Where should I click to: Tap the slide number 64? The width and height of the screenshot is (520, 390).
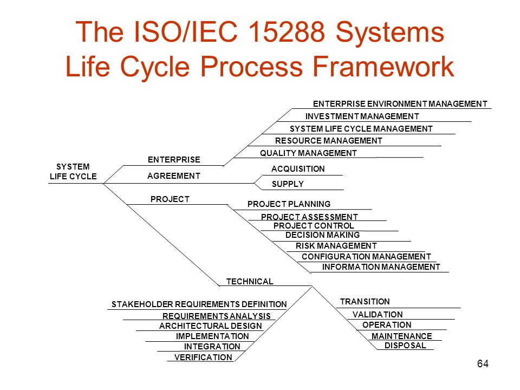[483, 363]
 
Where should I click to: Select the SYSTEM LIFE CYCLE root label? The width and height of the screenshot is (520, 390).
[73, 172]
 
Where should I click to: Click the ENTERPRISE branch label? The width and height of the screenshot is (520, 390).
[174, 159]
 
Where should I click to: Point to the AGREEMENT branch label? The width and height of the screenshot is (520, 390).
[173, 175]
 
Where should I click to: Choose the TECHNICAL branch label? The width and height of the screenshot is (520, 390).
[250, 282]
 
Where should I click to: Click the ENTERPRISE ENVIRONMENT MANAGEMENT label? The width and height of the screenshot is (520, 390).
[400, 104]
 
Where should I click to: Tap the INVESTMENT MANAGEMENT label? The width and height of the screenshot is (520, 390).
[362, 116]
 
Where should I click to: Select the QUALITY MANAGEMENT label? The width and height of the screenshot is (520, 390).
[308, 153]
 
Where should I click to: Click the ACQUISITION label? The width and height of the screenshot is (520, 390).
[298, 169]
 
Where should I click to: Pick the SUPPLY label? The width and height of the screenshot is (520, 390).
[288, 184]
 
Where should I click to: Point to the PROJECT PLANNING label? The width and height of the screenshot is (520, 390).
[289, 204]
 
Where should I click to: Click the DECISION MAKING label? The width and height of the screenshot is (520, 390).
[322, 235]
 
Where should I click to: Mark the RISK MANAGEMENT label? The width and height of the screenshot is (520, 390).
[336, 246]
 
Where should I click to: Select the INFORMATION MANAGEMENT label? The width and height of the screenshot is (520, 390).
[381, 267]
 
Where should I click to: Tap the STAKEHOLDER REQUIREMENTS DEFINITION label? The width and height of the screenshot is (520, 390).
[199, 304]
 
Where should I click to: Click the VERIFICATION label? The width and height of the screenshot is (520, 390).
[203, 357]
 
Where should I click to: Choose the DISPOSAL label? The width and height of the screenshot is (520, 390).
[405, 345]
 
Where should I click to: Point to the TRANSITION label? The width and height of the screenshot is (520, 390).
[365, 302]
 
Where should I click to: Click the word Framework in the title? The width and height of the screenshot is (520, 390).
[383, 66]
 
